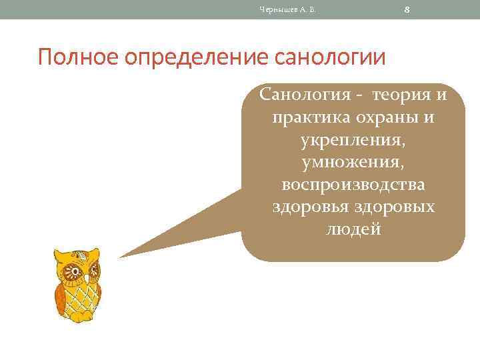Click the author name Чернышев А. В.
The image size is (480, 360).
[286, 9]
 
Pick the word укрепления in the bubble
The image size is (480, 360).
[353, 141]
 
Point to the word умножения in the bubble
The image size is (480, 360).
[353, 163]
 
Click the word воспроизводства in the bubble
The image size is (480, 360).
[353, 185]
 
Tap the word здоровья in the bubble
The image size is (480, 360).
[307, 207]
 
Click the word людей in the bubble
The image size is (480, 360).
[353, 230]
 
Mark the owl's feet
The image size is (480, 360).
[79, 319]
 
